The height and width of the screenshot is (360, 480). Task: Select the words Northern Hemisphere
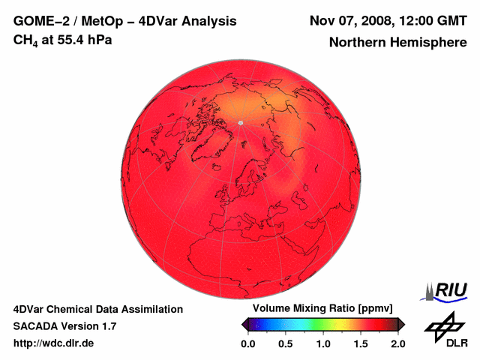coord(397,43)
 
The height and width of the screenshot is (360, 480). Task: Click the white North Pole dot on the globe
coord(240,122)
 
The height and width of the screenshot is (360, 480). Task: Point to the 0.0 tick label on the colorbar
coord(248,343)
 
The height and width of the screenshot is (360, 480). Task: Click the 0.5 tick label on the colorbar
coord(286,343)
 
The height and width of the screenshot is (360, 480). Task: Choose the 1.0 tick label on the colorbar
coord(323,343)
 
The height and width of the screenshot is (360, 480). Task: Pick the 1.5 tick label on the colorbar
coord(361,343)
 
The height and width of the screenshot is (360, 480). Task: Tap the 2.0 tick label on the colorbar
coord(397,343)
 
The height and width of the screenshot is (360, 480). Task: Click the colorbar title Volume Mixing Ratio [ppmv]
coord(319,309)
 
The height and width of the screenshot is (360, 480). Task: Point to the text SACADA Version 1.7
coord(65,326)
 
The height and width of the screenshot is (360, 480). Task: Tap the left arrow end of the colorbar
coord(244,324)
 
